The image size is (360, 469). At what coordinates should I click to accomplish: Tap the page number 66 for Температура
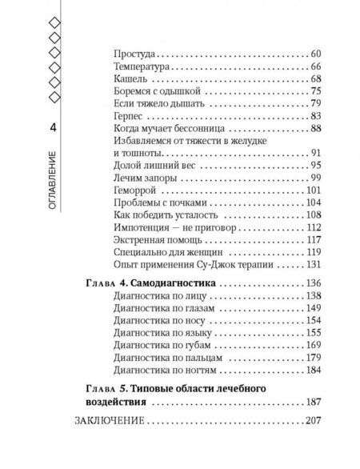(x=314, y=66)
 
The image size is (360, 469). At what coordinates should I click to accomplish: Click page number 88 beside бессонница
(x=314, y=129)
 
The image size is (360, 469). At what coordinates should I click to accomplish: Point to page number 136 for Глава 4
(x=313, y=284)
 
